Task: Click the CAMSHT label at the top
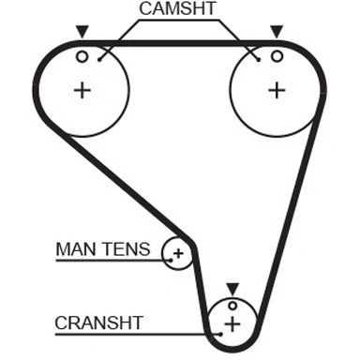click(177, 8)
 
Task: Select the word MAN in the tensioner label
click(76, 249)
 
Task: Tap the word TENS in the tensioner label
click(127, 249)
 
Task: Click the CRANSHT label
click(99, 322)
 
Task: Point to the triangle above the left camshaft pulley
click(82, 32)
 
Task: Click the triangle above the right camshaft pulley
click(277, 32)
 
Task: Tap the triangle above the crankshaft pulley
click(232, 289)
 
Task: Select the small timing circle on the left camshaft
click(82, 57)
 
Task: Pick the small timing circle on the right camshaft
click(277, 56)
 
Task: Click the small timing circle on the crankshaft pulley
click(232, 306)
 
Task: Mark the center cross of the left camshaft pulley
click(82, 91)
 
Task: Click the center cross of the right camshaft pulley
click(277, 91)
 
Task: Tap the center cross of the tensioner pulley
click(179, 253)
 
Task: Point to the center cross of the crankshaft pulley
click(232, 323)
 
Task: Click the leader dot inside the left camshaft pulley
click(99, 59)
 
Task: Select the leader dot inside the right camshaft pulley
click(259, 59)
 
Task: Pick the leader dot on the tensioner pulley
click(171, 260)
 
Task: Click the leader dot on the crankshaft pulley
click(221, 334)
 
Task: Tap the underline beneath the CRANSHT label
click(138, 335)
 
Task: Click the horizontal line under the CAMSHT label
click(179, 21)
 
